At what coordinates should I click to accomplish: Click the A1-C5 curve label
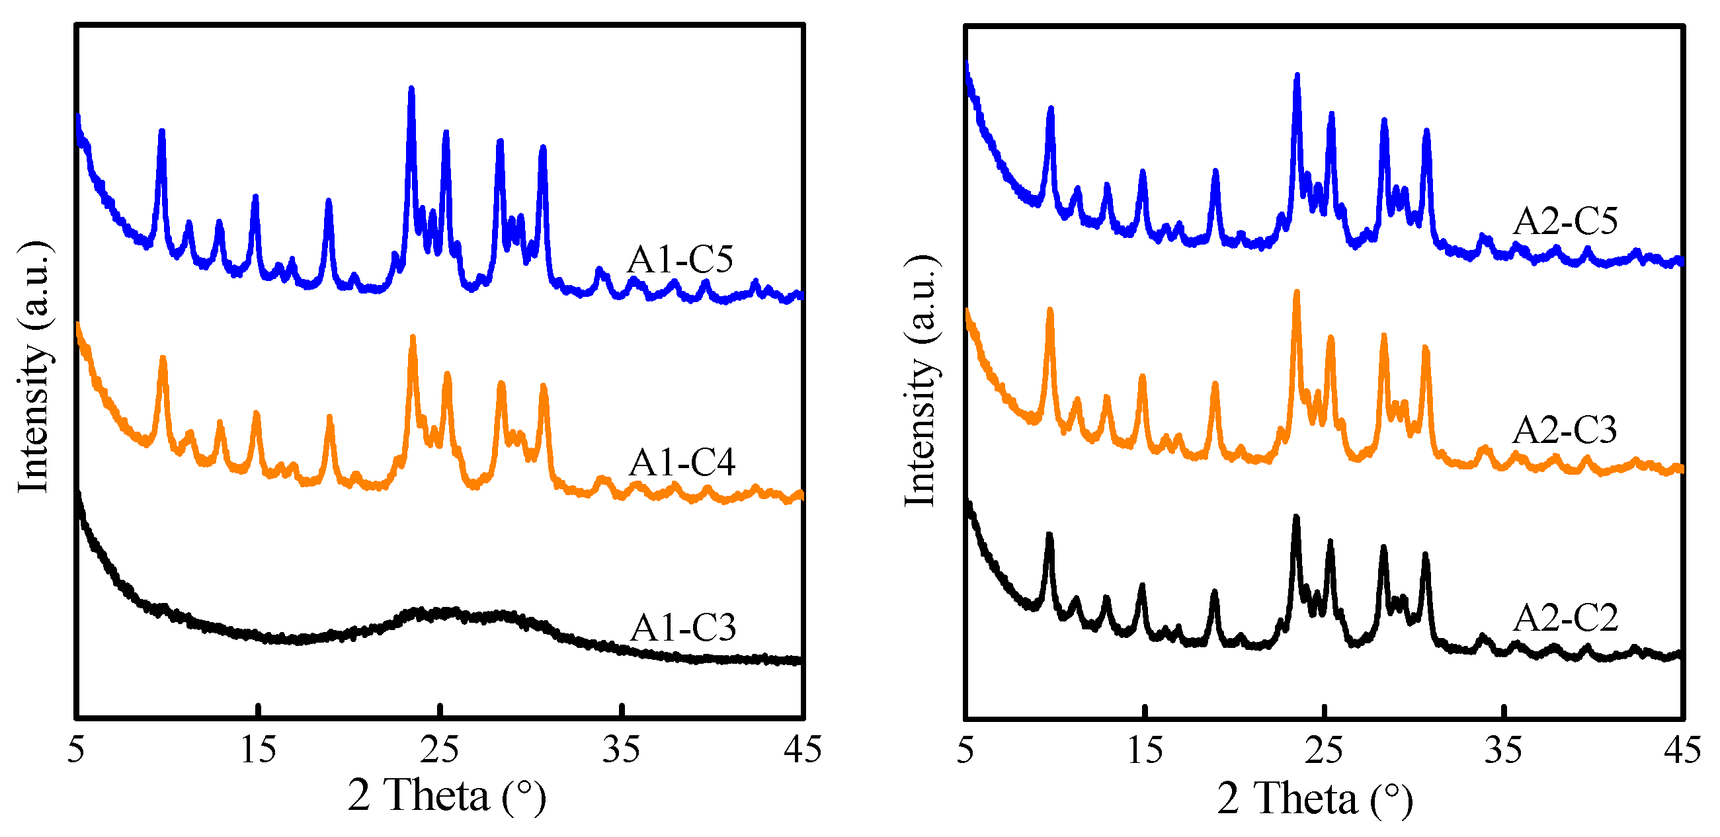[x=680, y=259]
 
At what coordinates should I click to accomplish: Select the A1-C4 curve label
[x=682, y=462]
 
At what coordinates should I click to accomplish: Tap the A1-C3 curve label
[x=683, y=627]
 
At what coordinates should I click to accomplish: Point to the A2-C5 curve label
[x=1565, y=221]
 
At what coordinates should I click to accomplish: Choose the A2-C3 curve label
[x=1565, y=429]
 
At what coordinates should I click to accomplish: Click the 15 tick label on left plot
[x=258, y=750]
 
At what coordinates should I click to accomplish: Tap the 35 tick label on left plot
[x=621, y=750]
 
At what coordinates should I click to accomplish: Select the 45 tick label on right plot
[x=1682, y=750]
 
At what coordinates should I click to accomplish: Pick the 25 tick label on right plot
[x=1323, y=750]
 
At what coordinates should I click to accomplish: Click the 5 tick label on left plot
[x=76, y=750]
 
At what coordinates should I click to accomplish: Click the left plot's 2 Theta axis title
[x=446, y=795]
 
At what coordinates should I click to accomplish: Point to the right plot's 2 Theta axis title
[x=1314, y=798]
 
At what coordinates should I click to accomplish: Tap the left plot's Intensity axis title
[x=33, y=367]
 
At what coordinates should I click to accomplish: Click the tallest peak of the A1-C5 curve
[x=411, y=89]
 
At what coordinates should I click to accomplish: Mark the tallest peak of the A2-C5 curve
[x=1297, y=76]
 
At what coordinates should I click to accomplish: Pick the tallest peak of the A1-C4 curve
[x=413, y=338]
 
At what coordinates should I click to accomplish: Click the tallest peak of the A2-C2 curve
[x=1296, y=517]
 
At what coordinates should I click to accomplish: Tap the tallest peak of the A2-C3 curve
[x=1297, y=292]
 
